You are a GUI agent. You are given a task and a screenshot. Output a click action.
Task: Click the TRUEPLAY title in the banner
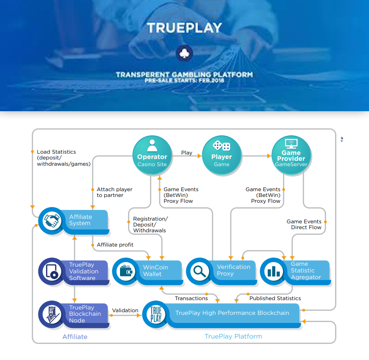(184, 28)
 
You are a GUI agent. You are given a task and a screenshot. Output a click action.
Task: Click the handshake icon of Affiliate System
(51, 220)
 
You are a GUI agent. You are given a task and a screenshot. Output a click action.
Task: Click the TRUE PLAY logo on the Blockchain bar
(156, 314)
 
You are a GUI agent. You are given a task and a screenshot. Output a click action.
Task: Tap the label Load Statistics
(57, 152)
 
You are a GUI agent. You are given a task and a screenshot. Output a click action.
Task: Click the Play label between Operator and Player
(187, 153)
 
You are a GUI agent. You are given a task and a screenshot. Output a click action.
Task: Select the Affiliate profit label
(115, 245)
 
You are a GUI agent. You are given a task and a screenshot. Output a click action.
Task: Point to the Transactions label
(191, 298)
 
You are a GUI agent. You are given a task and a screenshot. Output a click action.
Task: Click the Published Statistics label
(275, 298)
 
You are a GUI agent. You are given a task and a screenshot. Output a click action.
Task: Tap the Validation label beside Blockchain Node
(125, 310)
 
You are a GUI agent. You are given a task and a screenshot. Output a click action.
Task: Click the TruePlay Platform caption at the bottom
(233, 336)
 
